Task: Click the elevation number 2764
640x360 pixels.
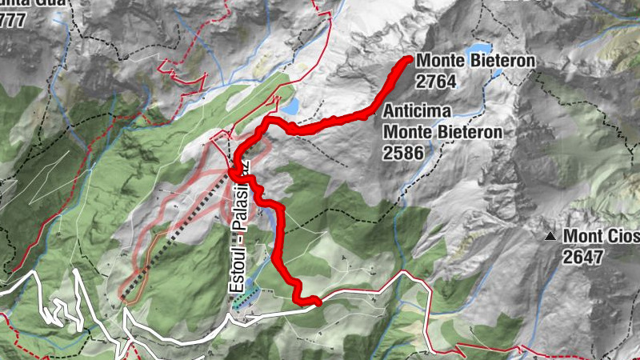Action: [436, 80]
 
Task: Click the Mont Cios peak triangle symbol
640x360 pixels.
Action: [550, 236]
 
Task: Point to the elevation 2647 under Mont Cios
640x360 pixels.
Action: [582, 256]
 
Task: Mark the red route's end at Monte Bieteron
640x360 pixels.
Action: [409, 59]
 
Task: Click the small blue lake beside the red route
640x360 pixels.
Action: [290, 106]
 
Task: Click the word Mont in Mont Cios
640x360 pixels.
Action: [582, 237]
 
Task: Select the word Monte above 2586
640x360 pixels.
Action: [406, 131]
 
